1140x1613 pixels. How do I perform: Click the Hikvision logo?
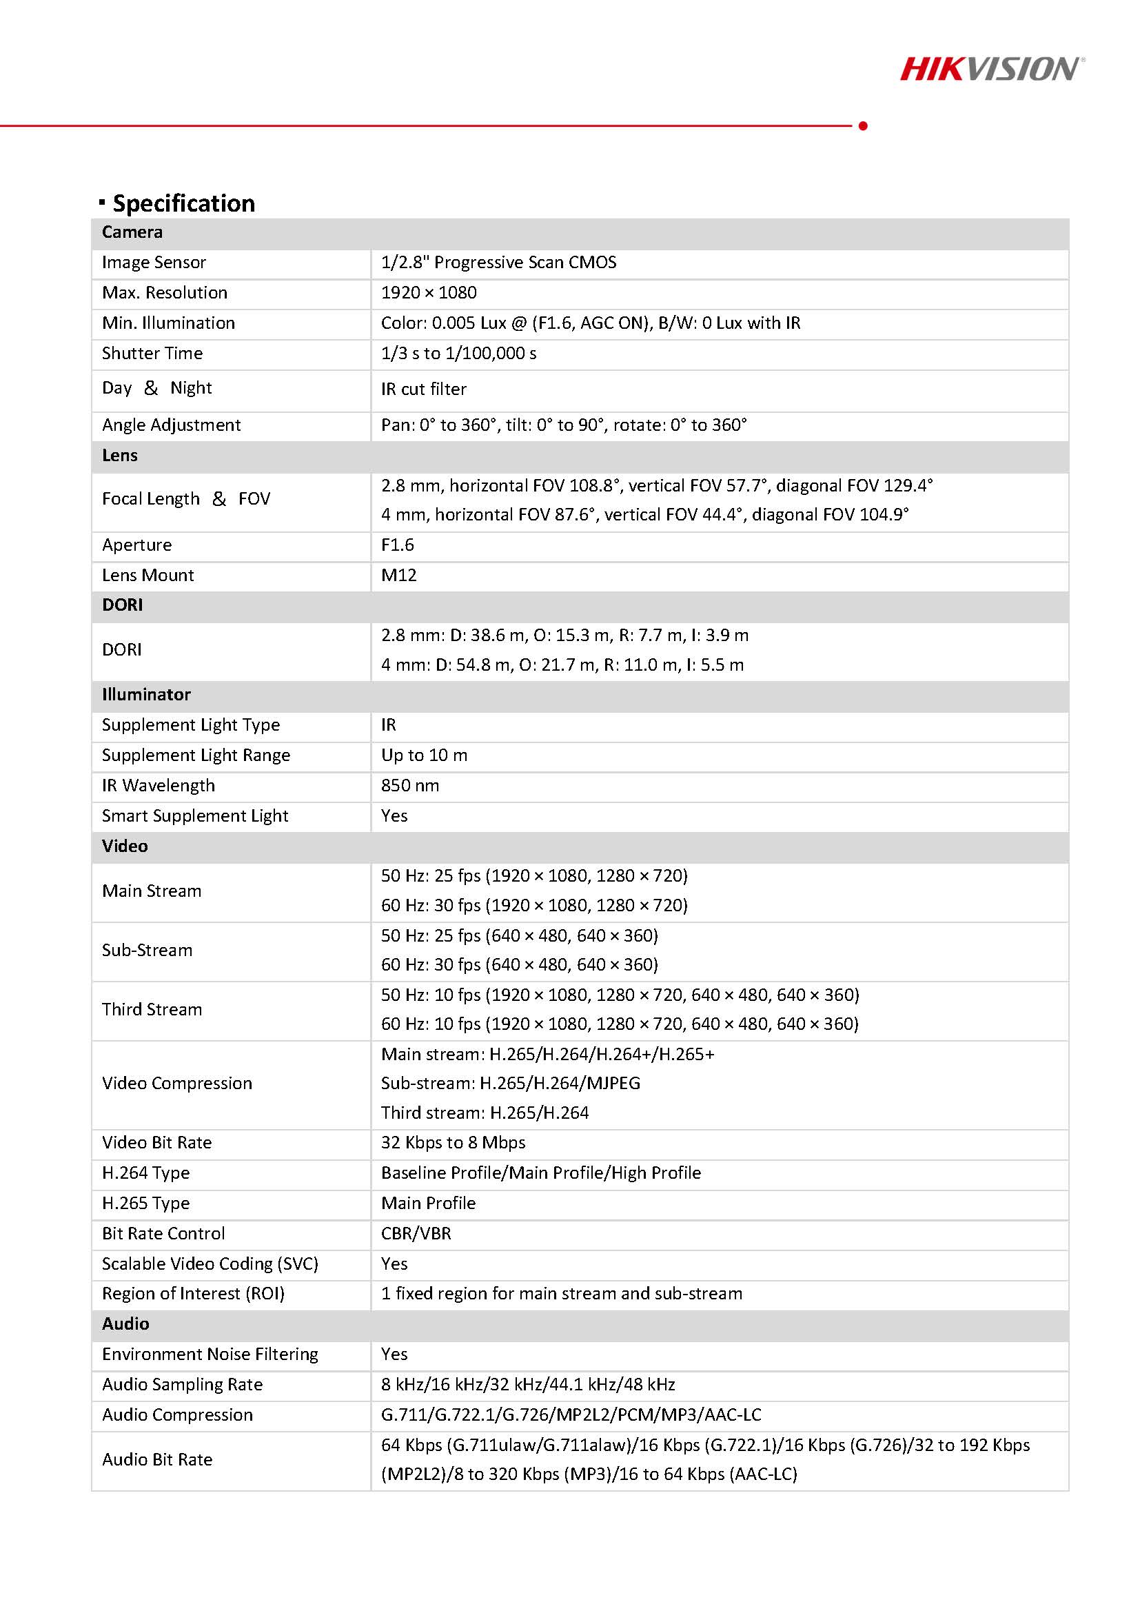pyautogui.click(x=991, y=69)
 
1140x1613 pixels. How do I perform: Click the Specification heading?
pyautogui.click(x=183, y=203)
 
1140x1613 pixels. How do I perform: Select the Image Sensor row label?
pyautogui.click(x=154, y=263)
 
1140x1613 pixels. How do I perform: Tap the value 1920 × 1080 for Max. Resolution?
pyautogui.click(x=429, y=293)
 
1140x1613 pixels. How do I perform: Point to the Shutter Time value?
pyautogui.click(x=458, y=354)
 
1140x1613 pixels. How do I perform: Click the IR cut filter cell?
pyautogui.click(x=424, y=389)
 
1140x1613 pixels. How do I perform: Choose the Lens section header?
pyautogui.click(x=120, y=455)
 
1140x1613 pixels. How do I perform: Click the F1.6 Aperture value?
pyautogui.click(x=398, y=545)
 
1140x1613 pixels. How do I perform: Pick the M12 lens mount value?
pyautogui.click(x=398, y=576)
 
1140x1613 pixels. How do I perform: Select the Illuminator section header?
pyautogui.click(x=146, y=695)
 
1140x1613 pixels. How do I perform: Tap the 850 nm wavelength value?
pyautogui.click(x=409, y=785)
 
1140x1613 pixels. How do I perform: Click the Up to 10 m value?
pyautogui.click(x=424, y=755)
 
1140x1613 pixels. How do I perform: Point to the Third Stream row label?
pyautogui.click(x=152, y=1010)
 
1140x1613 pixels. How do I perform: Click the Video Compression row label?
pyautogui.click(x=177, y=1084)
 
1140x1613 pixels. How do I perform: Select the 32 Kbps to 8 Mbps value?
pyautogui.click(x=453, y=1143)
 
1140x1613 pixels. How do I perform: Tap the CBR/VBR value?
pyautogui.click(x=416, y=1234)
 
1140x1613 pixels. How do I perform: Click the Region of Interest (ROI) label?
pyautogui.click(x=193, y=1294)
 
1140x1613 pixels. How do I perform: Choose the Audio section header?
pyautogui.click(x=125, y=1324)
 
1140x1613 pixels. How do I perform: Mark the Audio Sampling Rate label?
pyautogui.click(x=182, y=1385)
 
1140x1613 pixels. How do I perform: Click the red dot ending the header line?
pyautogui.click(x=863, y=125)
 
